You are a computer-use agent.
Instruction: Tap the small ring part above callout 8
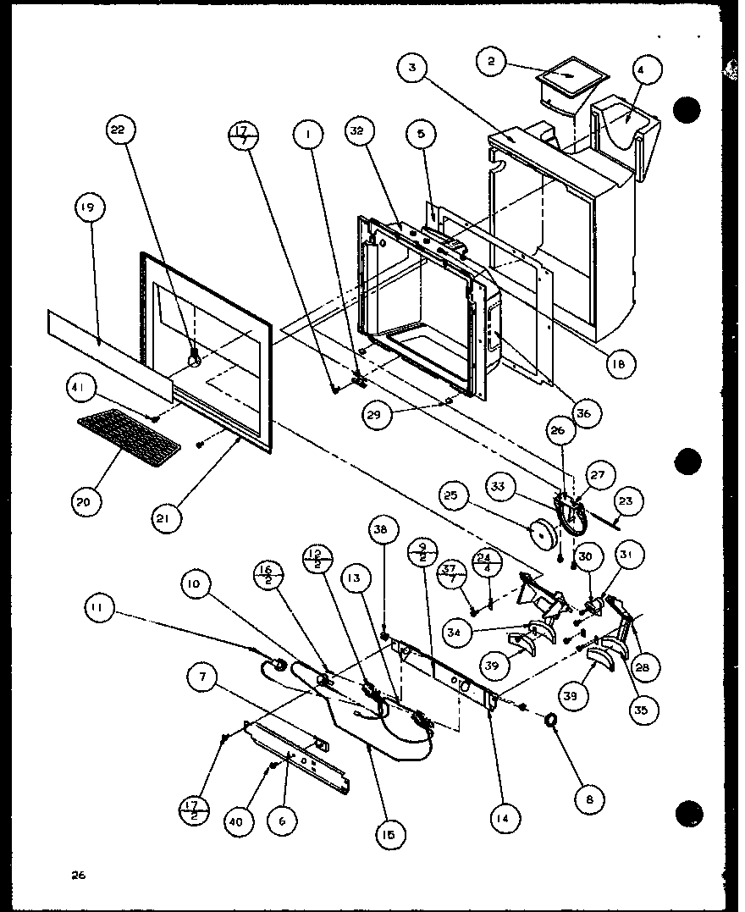pos(550,721)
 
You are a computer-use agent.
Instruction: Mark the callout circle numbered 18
pos(621,365)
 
